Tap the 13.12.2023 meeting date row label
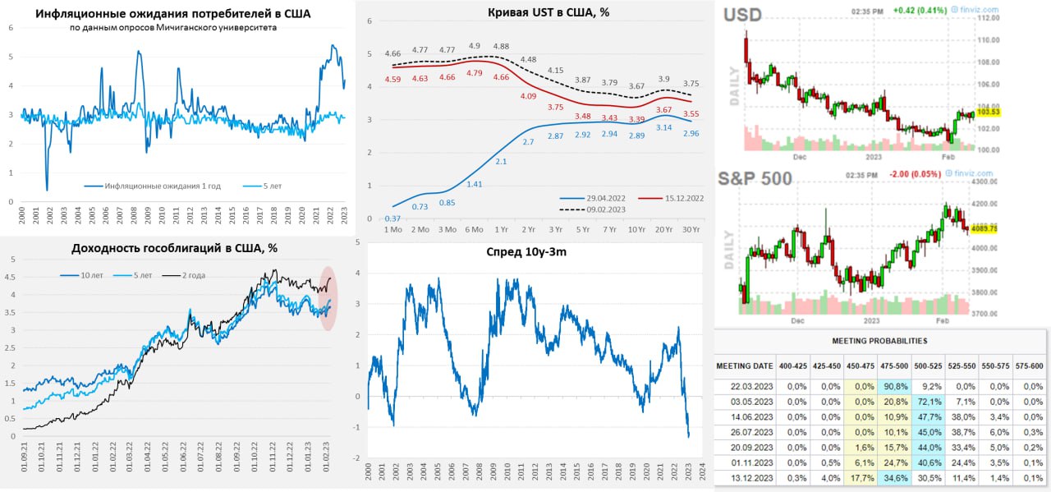pyautogui.click(x=745, y=478)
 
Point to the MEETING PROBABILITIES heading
pyautogui.click(x=879, y=340)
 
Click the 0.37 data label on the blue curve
pyautogui.click(x=392, y=218)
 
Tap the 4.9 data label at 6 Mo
pyautogui.click(x=475, y=46)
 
